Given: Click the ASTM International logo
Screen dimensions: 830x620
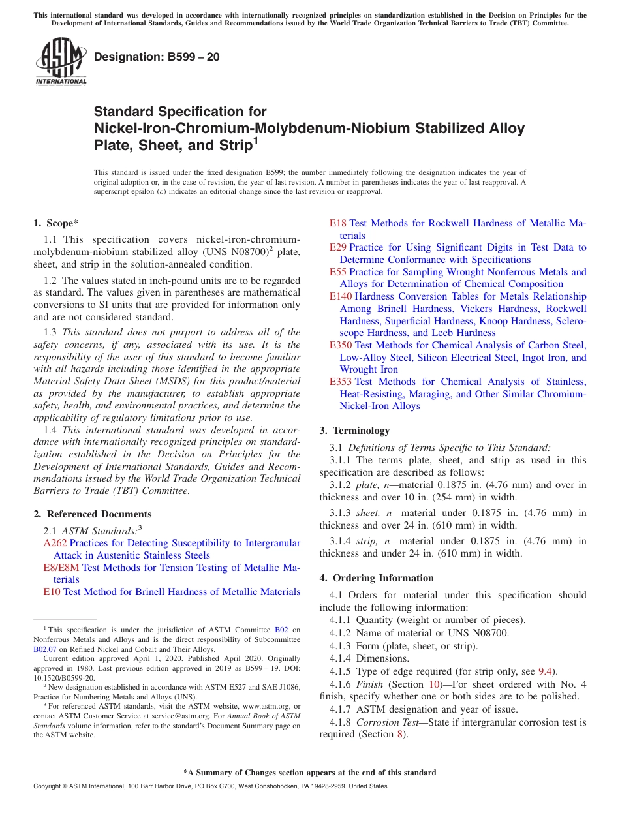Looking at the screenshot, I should pos(61,62).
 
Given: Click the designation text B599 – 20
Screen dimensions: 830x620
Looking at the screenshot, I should pos(157,57).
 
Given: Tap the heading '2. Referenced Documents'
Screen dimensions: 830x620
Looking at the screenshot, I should pos(92,514).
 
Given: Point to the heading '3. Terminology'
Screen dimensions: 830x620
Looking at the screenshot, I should pos(354,431).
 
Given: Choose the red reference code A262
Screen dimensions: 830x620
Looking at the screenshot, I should pos(55,543).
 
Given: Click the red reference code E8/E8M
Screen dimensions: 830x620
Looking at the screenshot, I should pos(61,568).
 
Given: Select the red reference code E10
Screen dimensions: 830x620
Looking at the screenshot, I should pos(52,592).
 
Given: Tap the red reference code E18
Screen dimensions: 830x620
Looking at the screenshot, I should pos(338,223).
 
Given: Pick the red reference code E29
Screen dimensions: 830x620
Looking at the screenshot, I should pos(338,247).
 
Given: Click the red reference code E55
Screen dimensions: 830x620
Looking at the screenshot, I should pos(338,272).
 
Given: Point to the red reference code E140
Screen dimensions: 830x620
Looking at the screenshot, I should pos(341,296).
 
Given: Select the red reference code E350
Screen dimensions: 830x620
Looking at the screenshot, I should pos(341,345).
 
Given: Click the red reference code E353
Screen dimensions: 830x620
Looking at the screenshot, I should pos(341,382).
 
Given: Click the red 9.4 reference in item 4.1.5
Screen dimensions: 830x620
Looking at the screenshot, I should pos(545,671).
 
